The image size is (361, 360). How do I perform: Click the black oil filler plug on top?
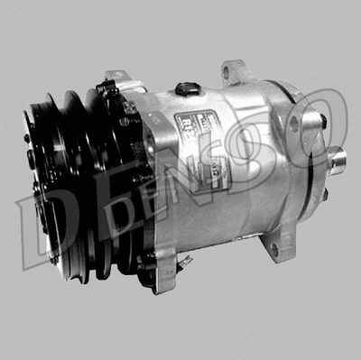click(x=188, y=88)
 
